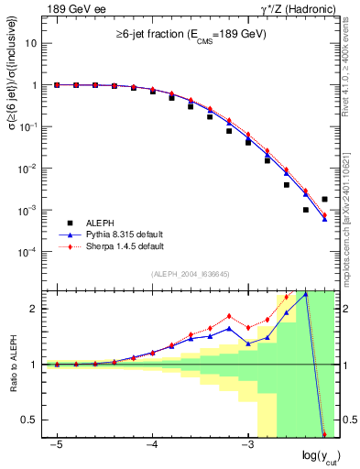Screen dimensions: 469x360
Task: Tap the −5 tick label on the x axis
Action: pos(57,444)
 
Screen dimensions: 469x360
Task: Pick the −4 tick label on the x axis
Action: pos(152,444)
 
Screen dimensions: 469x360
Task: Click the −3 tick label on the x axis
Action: pos(246,444)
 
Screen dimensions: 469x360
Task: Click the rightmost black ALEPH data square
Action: pos(324,199)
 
